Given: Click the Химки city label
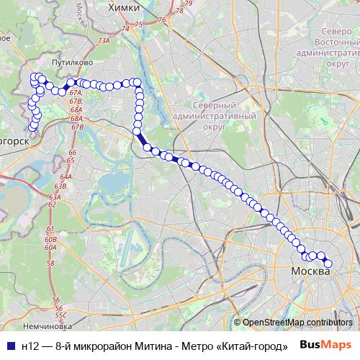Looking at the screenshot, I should (122, 7).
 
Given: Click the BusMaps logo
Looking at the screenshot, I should (331, 346).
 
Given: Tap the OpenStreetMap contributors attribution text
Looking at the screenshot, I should (297, 323).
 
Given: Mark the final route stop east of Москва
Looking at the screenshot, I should (328, 264).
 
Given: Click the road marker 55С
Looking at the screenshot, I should (61, 315).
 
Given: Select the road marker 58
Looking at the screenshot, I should (50, 264).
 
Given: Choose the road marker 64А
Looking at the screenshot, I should (66, 176).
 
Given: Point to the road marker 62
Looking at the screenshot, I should (52, 204).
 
